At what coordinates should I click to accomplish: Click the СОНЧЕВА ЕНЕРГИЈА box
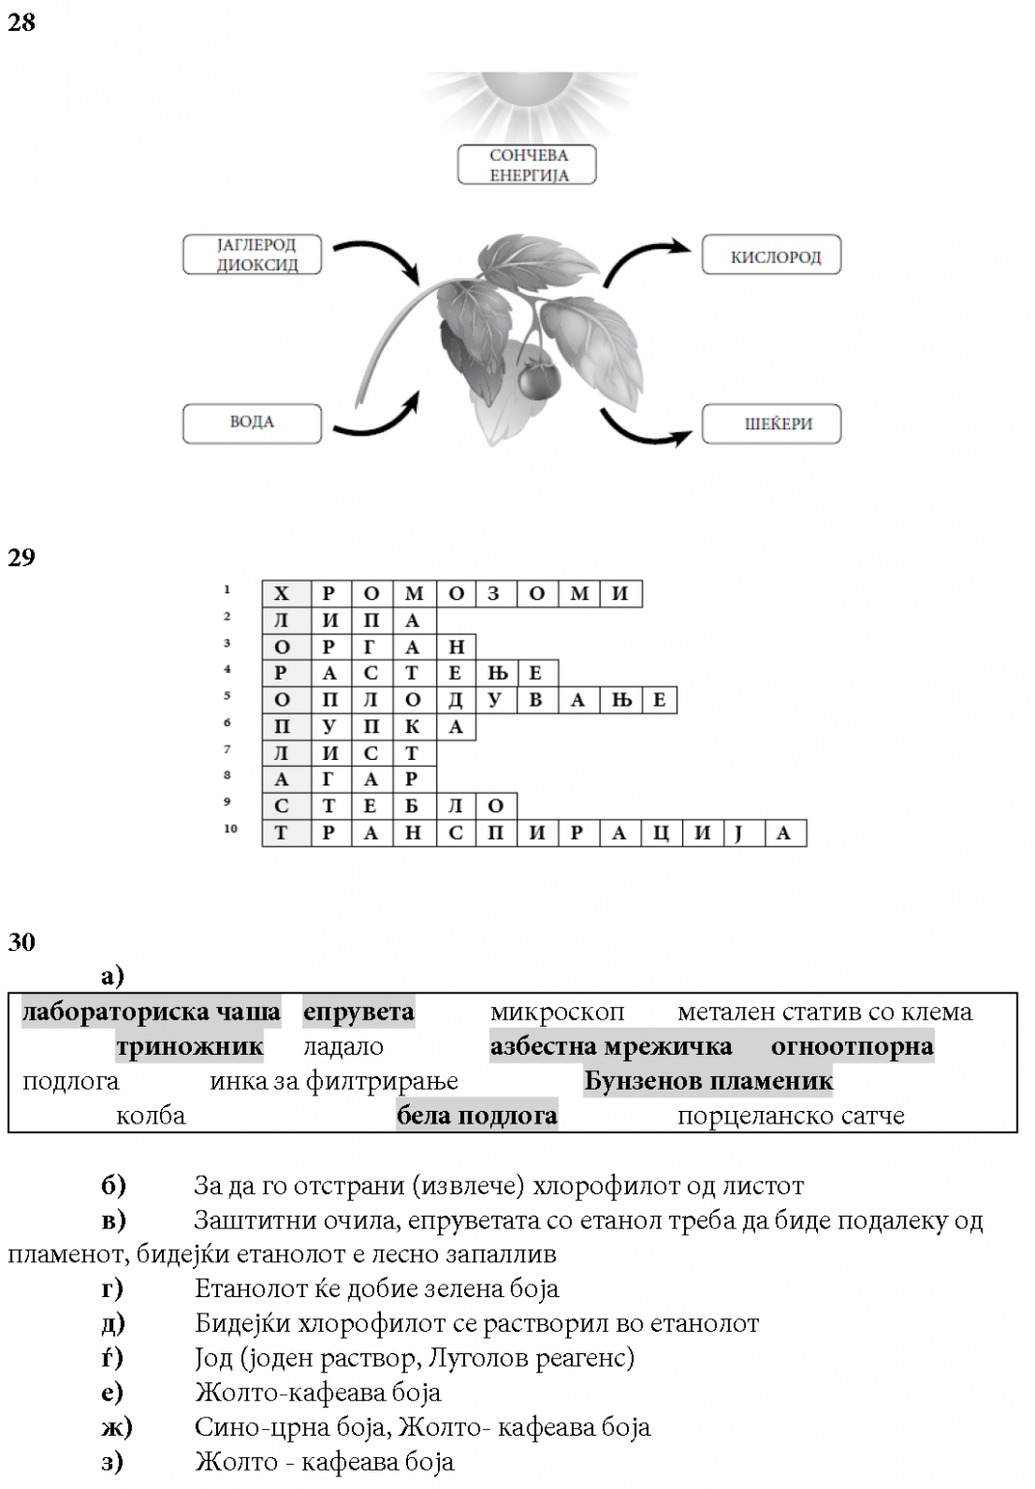pos(527,166)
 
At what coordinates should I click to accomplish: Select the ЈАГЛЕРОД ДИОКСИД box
pos(252,255)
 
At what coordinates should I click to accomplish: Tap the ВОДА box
pos(252,423)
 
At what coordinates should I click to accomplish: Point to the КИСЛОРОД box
pos(771,257)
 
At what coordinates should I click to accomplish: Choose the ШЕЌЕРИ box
pos(771,425)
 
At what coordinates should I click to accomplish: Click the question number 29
pos(21,557)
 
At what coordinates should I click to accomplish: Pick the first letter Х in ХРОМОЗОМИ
pos(282,594)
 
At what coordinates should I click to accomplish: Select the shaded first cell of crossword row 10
pos(282,834)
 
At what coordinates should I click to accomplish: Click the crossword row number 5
pos(228,696)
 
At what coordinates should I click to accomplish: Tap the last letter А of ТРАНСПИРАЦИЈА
pos(785,834)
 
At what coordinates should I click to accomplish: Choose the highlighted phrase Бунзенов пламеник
pos(708,1082)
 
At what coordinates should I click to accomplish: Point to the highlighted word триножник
pos(190,1047)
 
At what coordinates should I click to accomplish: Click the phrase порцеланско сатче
pos(791,1116)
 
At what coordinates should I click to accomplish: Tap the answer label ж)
pos(116,1427)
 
